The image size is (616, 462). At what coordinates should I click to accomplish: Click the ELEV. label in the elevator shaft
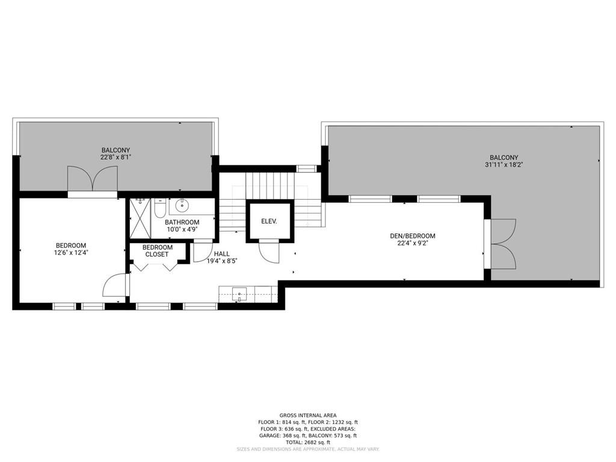click(x=269, y=221)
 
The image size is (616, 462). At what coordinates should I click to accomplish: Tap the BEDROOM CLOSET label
click(x=158, y=251)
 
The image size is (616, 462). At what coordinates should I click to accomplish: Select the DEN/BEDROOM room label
click(x=413, y=236)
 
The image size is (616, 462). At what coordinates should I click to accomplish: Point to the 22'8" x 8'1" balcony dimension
click(x=115, y=157)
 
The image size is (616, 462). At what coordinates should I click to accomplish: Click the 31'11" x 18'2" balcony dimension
click(x=504, y=165)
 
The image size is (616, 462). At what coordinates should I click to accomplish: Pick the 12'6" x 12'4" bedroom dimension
click(x=71, y=253)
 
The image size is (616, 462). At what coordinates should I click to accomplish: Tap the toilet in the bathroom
click(x=159, y=208)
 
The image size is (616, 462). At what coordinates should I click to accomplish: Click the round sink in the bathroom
click(x=182, y=206)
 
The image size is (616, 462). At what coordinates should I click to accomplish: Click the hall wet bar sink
click(x=239, y=294)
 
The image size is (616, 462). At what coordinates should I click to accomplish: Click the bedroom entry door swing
click(x=115, y=285)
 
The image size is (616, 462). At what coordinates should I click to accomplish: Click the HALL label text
click(x=221, y=254)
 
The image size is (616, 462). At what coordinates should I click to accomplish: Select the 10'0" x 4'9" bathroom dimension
click(x=182, y=229)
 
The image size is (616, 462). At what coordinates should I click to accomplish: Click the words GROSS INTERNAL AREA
click(x=308, y=415)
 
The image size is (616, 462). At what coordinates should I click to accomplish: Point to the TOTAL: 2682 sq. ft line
click(x=308, y=442)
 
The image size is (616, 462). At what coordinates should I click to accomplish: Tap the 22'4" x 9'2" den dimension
click(x=413, y=243)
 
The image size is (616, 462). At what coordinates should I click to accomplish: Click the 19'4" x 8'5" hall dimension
click(x=223, y=261)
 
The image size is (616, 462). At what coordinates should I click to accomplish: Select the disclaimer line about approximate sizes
click(x=308, y=449)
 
